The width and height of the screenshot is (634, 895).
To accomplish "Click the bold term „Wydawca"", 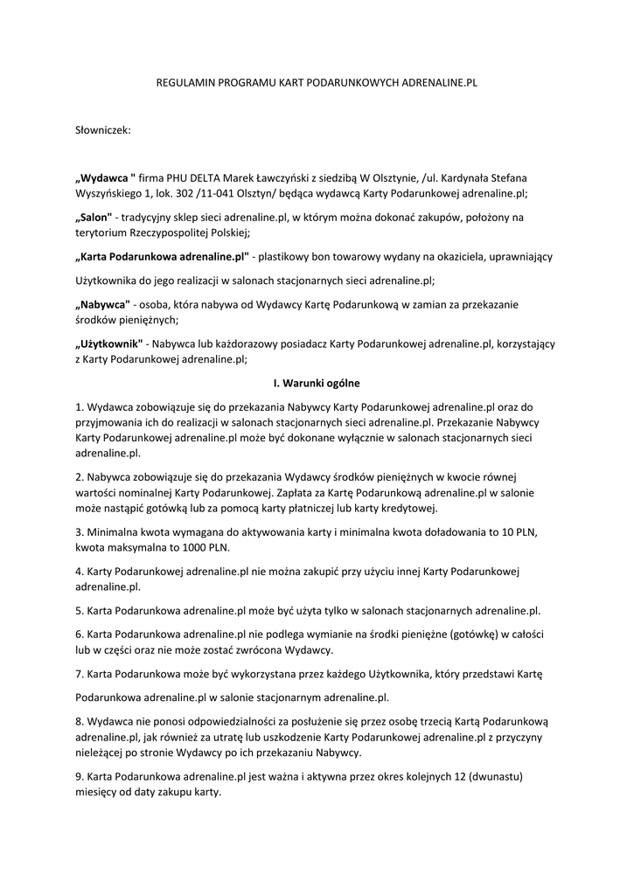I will click(x=105, y=177).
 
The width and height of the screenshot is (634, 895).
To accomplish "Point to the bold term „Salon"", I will click(x=94, y=217).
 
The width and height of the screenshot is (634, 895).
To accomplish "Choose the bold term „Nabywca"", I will click(x=102, y=304).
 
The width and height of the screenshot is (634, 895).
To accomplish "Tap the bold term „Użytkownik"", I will click(x=108, y=343).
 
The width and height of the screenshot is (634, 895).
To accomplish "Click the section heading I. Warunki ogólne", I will click(x=317, y=383).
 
